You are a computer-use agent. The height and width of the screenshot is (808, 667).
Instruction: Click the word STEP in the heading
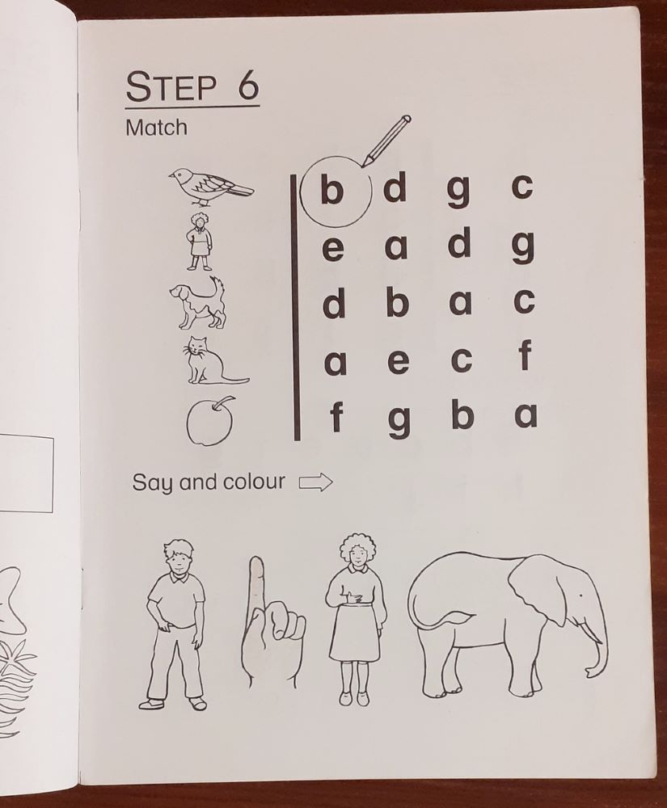[173, 87]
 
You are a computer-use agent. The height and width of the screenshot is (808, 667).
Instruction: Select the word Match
[156, 128]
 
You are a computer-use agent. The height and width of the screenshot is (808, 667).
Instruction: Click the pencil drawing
[386, 141]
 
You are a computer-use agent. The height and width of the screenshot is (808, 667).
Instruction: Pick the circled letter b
[332, 191]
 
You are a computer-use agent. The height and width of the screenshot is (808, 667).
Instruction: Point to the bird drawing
[209, 185]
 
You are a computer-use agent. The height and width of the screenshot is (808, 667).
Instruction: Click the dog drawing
[197, 302]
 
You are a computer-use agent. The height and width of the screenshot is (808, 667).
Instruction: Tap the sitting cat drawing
[209, 361]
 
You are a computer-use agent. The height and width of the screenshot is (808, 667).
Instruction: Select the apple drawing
[210, 421]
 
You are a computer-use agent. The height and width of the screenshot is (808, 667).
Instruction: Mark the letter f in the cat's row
[525, 356]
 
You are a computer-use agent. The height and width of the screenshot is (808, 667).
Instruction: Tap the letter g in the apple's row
[399, 420]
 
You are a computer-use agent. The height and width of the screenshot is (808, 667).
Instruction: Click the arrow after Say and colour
[315, 483]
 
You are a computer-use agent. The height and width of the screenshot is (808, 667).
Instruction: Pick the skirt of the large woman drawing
[353, 633]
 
